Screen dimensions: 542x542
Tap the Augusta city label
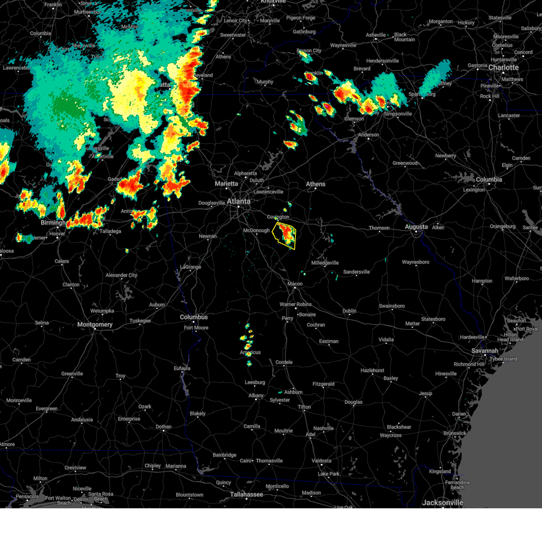pyautogui.click(x=416, y=227)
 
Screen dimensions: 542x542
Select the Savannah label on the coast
pyautogui.click(x=485, y=350)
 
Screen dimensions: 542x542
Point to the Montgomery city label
pyautogui.click(x=94, y=324)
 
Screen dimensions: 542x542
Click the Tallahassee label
pyautogui.click(x=246, y=494)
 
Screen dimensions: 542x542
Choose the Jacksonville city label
pyautogui.click(x=443, y=502)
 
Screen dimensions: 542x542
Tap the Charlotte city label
pyautogui.click(x=504, y=67)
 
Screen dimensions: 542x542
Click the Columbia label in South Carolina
pyautogui.click(x=489, y=179)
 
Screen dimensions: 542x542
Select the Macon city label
pyautogui.click(x=295, y=284)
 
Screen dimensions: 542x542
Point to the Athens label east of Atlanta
pyautogui.click(x=316, y=184)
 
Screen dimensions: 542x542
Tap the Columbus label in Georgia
pyautogui.click(x=194, y=317)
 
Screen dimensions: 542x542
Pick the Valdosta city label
pyautogui.click(x=321, y=461)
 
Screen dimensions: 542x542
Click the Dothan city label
pyautogui.click(x=164, y=426)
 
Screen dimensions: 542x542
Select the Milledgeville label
pyautogui.click(x=325, y=263)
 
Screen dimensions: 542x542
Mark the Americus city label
pyautogui.click(x=250, y=352)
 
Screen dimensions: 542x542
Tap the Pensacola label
pyautogui.click(x=27, y=496)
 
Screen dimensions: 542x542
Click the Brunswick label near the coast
pyautogui.click(x=454, y=433)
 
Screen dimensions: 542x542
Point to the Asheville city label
pyautogui.click(x=376, y=35)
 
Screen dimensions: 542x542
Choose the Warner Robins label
pyautogui.click(x=295, y=304)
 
